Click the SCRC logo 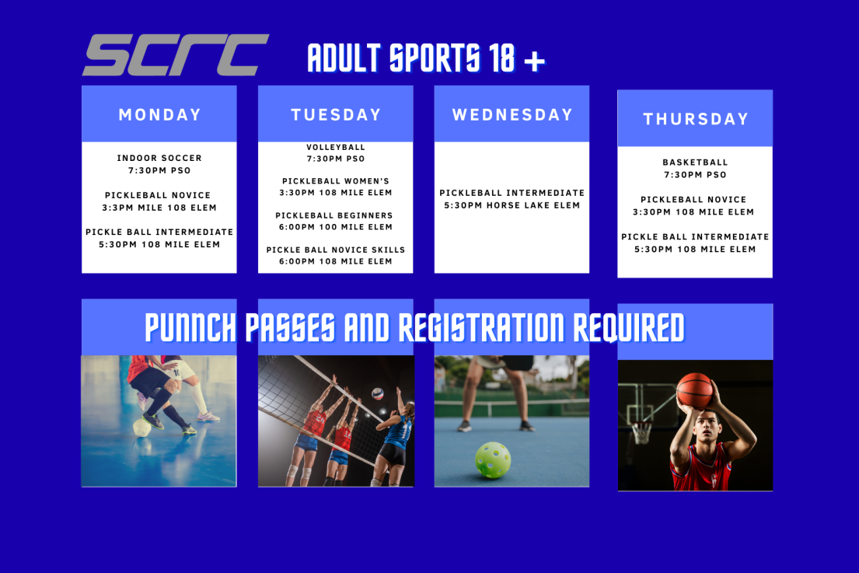click(175, 55)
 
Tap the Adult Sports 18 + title click(426, 59)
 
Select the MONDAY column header click(159, 114)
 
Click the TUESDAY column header click(336, 114)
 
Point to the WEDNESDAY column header click(512, 114)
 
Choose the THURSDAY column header click(695, 119)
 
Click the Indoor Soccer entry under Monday click(159, 158)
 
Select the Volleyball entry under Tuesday click(336, 147)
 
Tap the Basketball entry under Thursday click(695, 162)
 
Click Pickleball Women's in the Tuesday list click(336, 181)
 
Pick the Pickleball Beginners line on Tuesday click(334, 215)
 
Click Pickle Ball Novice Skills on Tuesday click(336, 250)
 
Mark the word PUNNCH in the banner click(190, 328)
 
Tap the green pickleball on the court click(493, 459)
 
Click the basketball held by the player click(694, 390)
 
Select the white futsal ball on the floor click(142, 427)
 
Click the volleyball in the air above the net click(377, 393)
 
